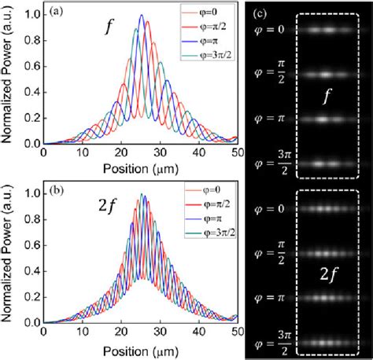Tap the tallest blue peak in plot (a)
[x=141, y=17]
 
